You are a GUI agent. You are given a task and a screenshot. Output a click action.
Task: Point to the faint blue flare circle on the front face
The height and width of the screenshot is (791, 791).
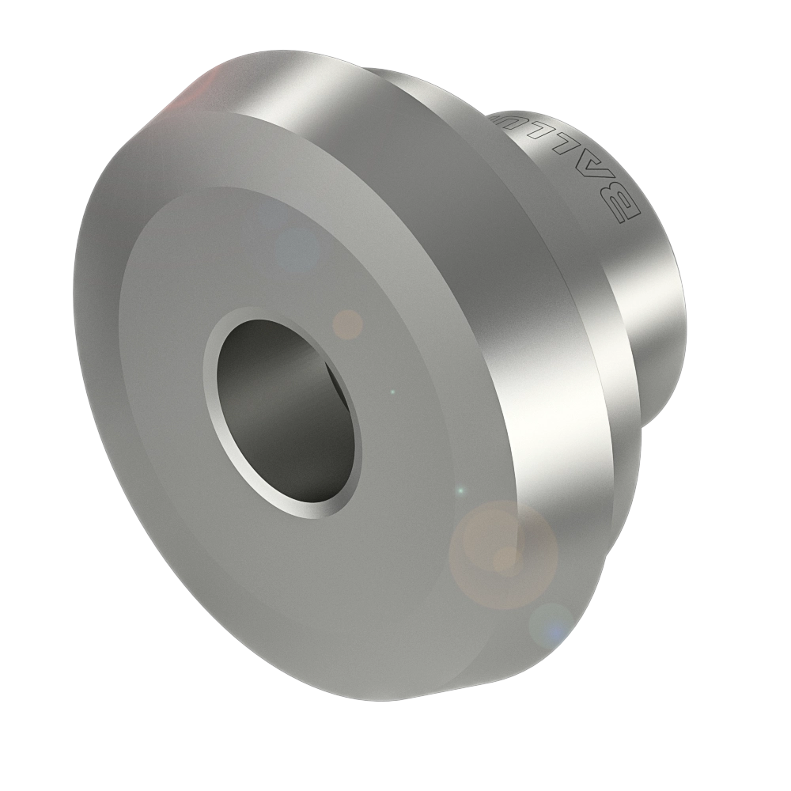point(297,250)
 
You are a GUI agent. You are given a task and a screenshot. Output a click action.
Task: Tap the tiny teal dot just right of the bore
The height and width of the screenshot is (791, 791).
point(393,392)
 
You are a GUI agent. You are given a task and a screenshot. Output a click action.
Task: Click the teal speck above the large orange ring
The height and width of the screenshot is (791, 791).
point(461,491)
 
